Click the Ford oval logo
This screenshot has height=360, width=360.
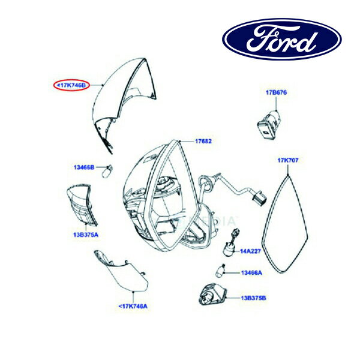coord(282,39)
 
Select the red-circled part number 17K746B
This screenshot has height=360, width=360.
coord(71,85)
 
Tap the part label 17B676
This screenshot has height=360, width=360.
coord(276,92)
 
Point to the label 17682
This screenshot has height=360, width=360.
coord(203,141)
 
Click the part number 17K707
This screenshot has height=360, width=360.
coord(288,160)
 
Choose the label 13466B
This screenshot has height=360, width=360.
coord(84,167)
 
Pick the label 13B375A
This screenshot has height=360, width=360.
coord(86,235)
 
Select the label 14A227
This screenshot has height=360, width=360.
coord(250,251)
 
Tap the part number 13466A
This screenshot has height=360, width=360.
coord(251,273)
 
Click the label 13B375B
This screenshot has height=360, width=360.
coord(253,298)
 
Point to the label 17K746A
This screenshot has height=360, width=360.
coord(133,306)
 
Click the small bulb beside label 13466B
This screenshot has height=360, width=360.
coord(107,171)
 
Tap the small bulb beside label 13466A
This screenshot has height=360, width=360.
coord(220,271)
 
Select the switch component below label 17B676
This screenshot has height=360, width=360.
coord(269,124)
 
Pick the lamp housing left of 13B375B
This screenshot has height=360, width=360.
coord(212,295)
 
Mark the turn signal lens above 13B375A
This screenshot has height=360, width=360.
coord(82,204)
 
